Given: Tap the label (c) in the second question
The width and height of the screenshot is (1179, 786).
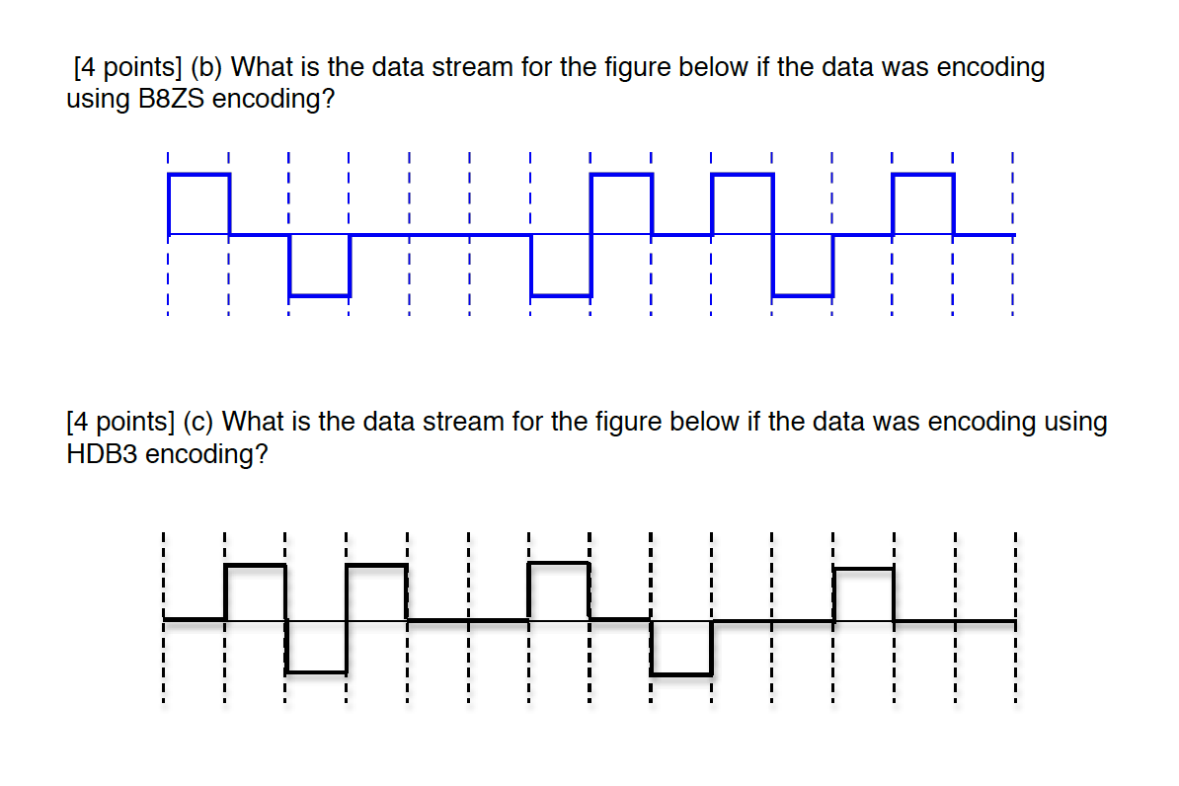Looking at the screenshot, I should (x=199, y=423).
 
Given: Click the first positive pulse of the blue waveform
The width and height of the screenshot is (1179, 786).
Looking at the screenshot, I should (x=199, y=203).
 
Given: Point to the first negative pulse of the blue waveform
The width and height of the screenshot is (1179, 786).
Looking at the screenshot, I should (x=320, y=265).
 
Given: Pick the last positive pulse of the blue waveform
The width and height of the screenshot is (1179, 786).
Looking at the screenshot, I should (x=923, y=203).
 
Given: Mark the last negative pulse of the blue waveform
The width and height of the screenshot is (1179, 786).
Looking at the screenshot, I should (x=803, y=265).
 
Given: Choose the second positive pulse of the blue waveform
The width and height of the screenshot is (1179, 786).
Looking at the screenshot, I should (x=621, y=203).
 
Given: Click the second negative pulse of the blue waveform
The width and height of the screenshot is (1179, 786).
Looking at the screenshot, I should (x=561, y=265).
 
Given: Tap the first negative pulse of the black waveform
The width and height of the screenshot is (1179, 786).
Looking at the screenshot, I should (x=316, y=647).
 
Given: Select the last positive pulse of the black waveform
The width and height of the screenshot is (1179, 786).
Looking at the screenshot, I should (x=864, y=594).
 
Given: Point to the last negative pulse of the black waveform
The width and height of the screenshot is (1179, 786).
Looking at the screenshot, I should (x=681, y=648).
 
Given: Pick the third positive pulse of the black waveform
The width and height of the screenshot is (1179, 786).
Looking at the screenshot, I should (x=560, y=590).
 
